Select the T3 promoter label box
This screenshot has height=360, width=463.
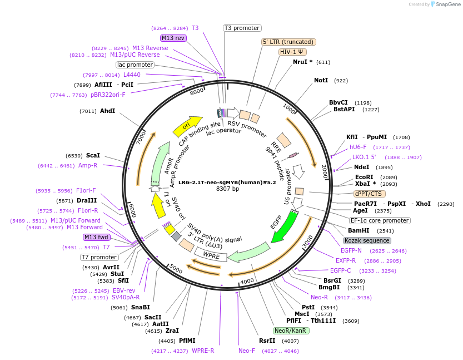[242, 28]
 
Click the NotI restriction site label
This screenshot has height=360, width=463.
[321, 81]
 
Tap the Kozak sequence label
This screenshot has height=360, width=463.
[367, 240]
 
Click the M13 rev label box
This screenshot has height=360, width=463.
[173, 38]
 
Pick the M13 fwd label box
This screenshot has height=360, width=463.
[96, 237]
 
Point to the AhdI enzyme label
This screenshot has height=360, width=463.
[107, 111]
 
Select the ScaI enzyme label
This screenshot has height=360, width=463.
[93, 155]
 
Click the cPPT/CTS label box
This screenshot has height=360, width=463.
[368, 194]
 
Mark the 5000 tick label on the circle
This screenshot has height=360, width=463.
[176, 269]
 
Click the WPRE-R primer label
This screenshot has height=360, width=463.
[203, 351]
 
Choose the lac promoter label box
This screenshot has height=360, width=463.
[135, 65]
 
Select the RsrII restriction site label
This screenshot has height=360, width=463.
[267, 341]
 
